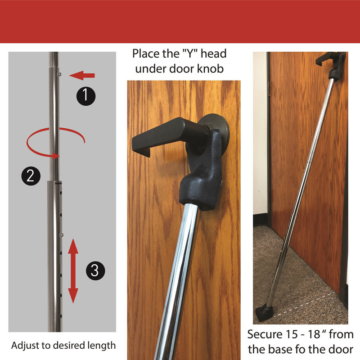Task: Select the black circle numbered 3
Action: (x=94, y=270)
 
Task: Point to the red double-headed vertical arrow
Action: (x=73, y=271)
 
